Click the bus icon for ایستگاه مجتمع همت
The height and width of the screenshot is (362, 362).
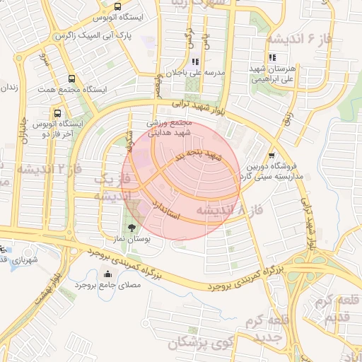[71, 79]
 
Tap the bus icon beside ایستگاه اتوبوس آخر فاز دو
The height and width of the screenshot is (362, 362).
[57, 112]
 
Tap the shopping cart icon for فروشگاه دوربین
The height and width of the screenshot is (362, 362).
[271, 155]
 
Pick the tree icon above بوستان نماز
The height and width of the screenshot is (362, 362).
[132, 228]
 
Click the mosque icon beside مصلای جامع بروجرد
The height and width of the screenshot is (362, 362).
[107, 274]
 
